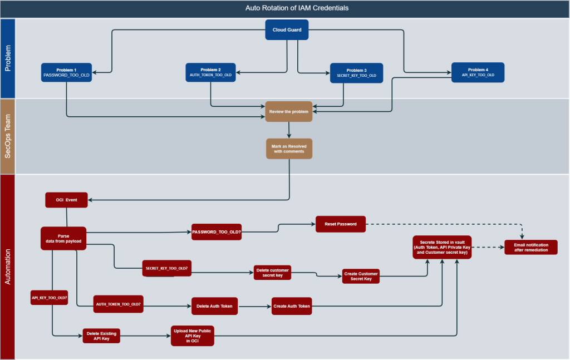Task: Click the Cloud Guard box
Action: [x=287, y=29]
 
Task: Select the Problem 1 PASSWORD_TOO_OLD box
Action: [x=66, y=72]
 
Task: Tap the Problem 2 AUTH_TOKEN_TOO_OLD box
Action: [x=210, y=72]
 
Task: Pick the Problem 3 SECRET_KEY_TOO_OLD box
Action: [x=356, y=73]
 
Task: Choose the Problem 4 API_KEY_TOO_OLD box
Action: [x=478, y=72]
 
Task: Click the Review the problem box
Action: [x=289, y=111]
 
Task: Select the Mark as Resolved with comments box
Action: [x=289, y=149]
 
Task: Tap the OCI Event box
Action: [x=66, y=200]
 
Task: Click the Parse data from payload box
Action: [x=63, y=238]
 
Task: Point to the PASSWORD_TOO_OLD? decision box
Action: [x=217, y=232]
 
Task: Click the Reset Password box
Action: [x=341, y=224]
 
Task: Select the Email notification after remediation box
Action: [x=530, y=247]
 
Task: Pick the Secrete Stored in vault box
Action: [x=443, y=247]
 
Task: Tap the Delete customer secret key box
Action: [x=272, y=272]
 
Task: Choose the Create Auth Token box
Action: [x=292, y=306]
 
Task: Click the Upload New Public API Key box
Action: [x=192, y=336]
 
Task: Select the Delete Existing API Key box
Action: [x=101, y=335]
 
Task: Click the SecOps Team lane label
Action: [x=8, y=136]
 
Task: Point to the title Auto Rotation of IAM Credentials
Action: [x=298, y=8]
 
